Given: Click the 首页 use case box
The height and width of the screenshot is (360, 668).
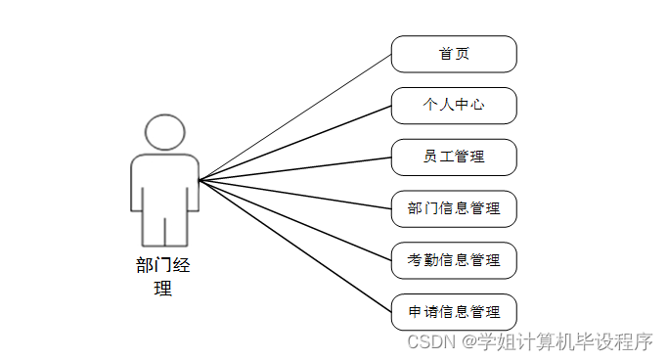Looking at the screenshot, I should (x=454, y=54).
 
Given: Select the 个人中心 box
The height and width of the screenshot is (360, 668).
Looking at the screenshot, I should (x=454, y=106).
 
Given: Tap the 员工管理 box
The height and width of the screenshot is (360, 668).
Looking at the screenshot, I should (x=454, y=157).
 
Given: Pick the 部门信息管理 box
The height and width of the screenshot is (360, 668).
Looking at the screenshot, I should (x=454, y=208).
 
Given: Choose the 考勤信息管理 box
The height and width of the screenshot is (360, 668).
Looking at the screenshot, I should (x=454, y=260).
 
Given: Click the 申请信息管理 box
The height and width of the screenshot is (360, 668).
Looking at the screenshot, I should (x=454, y=312).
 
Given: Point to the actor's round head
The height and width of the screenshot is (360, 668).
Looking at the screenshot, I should (x=164, y=133).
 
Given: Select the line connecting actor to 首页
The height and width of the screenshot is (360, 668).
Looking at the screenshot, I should (x=293, y=117).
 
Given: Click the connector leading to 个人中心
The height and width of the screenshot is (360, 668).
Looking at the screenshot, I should (x=293, y=143).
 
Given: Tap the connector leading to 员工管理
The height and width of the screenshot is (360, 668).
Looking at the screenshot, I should (x=293, y=168).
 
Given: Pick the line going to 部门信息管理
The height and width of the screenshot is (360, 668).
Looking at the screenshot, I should (x=293, y=194).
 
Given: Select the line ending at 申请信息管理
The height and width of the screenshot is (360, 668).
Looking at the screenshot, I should (x=293, y=245).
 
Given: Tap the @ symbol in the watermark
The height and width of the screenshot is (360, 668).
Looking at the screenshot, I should (x=469, y=341).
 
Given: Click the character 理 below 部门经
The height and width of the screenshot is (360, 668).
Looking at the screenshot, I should (x=164, y=289).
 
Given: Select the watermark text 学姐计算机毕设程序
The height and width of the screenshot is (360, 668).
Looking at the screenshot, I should (x=564, y=341).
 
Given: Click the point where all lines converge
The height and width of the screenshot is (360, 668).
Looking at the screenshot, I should (x=200, y=180).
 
